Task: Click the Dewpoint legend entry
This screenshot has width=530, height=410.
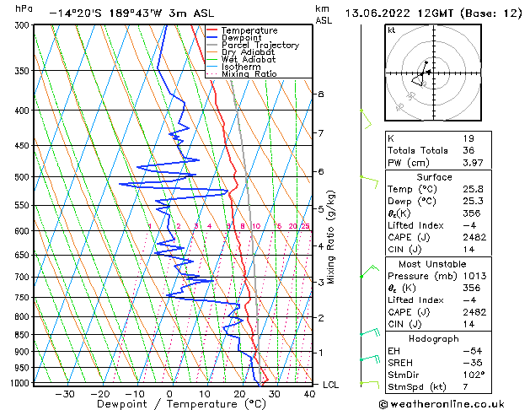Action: pos(249,37)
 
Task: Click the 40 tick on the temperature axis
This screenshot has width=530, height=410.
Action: pos(309,393)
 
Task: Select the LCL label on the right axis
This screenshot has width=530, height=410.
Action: pos(332,385)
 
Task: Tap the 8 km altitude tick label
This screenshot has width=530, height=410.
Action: pos(321,94)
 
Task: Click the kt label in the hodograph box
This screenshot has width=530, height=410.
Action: pos(392,30)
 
